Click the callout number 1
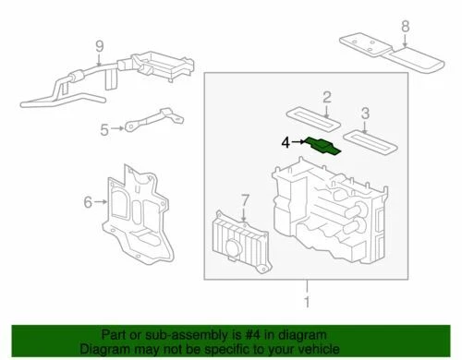[304, 299]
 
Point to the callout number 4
[286, 141]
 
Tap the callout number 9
[100, 43]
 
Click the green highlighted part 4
[322, 146]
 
